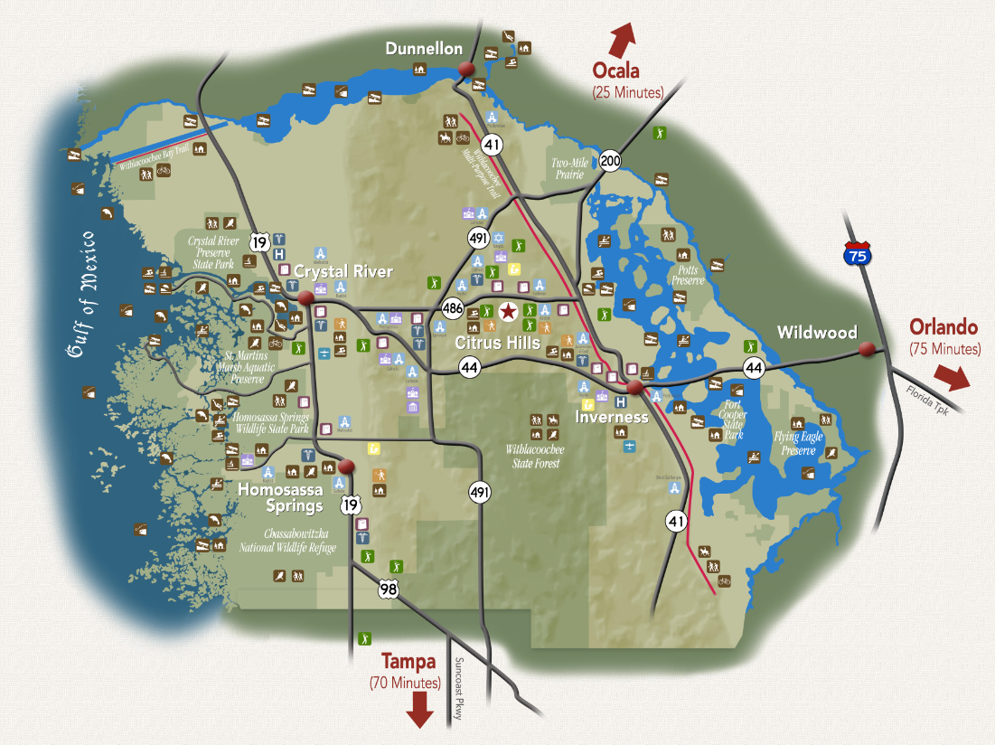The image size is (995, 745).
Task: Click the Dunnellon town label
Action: [x=423, y=49]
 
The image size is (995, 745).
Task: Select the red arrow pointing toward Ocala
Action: [x=622, y=40]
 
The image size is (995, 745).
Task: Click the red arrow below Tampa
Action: [x=418, y=710]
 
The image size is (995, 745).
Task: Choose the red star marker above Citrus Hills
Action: [x=509, y=312]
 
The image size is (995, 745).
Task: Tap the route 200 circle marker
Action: [x=610, y=160]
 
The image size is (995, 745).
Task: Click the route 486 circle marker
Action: [x=454, y=309]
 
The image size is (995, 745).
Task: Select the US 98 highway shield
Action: [x=389, y=589]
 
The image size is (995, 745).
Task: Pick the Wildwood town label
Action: [x=817, y=333]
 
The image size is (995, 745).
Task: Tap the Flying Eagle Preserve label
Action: [x=798, y=443]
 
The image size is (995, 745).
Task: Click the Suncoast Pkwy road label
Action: [x=459, y=688]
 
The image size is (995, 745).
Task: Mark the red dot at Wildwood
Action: [x=867, y=349]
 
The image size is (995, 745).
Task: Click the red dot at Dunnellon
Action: [x=467, y=70]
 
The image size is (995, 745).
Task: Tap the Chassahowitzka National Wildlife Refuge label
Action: [x=287, y=541]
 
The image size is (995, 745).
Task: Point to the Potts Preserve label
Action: [x=687, y=275]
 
